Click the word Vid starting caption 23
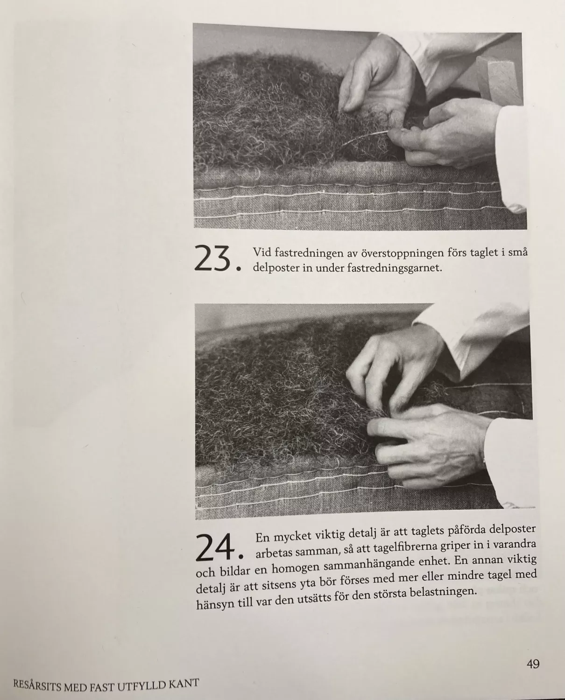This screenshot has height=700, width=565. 262,252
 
